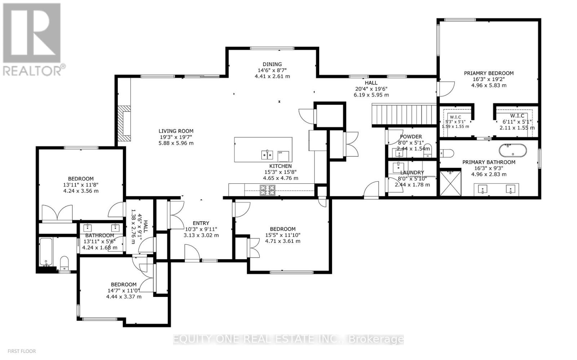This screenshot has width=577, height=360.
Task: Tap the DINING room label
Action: point(272,65)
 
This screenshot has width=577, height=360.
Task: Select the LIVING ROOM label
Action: point(176,131)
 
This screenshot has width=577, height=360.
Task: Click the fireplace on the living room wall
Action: point(126,123)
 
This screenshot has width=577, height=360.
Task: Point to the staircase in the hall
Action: point(404,114)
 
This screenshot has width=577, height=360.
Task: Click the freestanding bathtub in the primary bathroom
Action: point(512,150)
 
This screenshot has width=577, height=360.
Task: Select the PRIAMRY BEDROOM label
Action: point(489,73)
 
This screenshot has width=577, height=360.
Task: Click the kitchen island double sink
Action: point(267,155)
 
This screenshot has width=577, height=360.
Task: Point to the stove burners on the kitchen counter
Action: point(268,190)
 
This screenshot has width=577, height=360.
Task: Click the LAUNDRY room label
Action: point(412,173)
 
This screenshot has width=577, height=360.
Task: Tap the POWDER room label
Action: point(411,137)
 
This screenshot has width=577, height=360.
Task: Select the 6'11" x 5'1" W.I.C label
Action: point(517,121)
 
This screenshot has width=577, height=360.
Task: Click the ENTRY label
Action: point(201,223)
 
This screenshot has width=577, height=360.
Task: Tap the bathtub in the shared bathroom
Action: point(46,252)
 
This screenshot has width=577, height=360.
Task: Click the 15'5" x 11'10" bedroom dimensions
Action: point(283,235)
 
